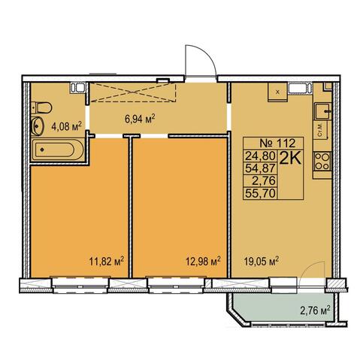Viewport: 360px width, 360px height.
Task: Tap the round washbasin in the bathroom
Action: click(38, 126)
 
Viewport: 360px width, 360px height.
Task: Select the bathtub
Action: click(58, 150)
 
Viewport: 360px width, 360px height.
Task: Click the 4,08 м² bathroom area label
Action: click(67, 126)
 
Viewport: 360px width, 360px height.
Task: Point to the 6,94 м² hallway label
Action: click(140, 118)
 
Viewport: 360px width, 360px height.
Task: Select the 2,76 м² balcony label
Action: click(315, 311)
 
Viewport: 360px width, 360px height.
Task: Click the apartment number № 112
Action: click(277, 144)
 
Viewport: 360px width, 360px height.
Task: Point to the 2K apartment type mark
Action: click(290, 158)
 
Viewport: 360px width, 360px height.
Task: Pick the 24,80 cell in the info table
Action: click(261, 156)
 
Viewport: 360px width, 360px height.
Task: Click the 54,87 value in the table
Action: click(261, 168)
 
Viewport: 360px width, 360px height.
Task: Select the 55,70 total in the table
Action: click(261, 193)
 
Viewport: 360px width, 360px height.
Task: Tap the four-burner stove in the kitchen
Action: click(322, 162)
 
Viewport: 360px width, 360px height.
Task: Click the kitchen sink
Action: click(322, 111)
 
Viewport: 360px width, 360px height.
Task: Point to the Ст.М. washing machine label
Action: click(320, 130)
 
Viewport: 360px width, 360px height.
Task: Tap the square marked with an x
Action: click(277, 92)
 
